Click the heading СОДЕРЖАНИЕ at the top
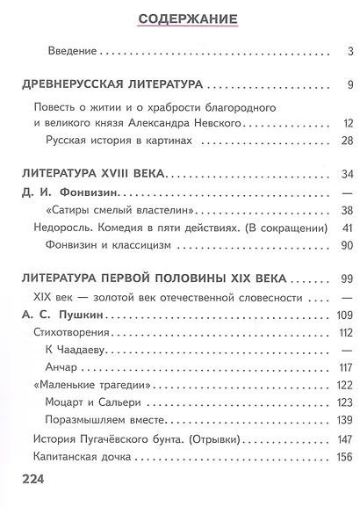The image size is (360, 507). (180, 18)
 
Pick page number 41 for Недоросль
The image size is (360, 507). (346, 228)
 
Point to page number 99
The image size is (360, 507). (346, 279)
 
